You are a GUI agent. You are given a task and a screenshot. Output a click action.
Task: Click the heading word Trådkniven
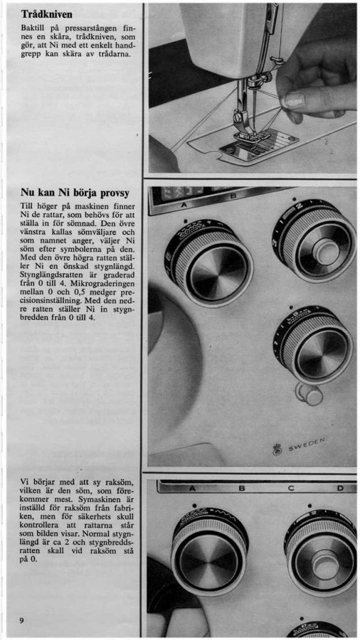point(47,14)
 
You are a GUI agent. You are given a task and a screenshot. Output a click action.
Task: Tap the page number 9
point(22,620)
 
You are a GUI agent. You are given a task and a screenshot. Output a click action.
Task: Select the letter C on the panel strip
point(291,488)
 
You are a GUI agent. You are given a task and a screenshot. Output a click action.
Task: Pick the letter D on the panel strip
point(340,488)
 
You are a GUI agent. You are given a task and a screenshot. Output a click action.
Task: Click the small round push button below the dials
point(312,395)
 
